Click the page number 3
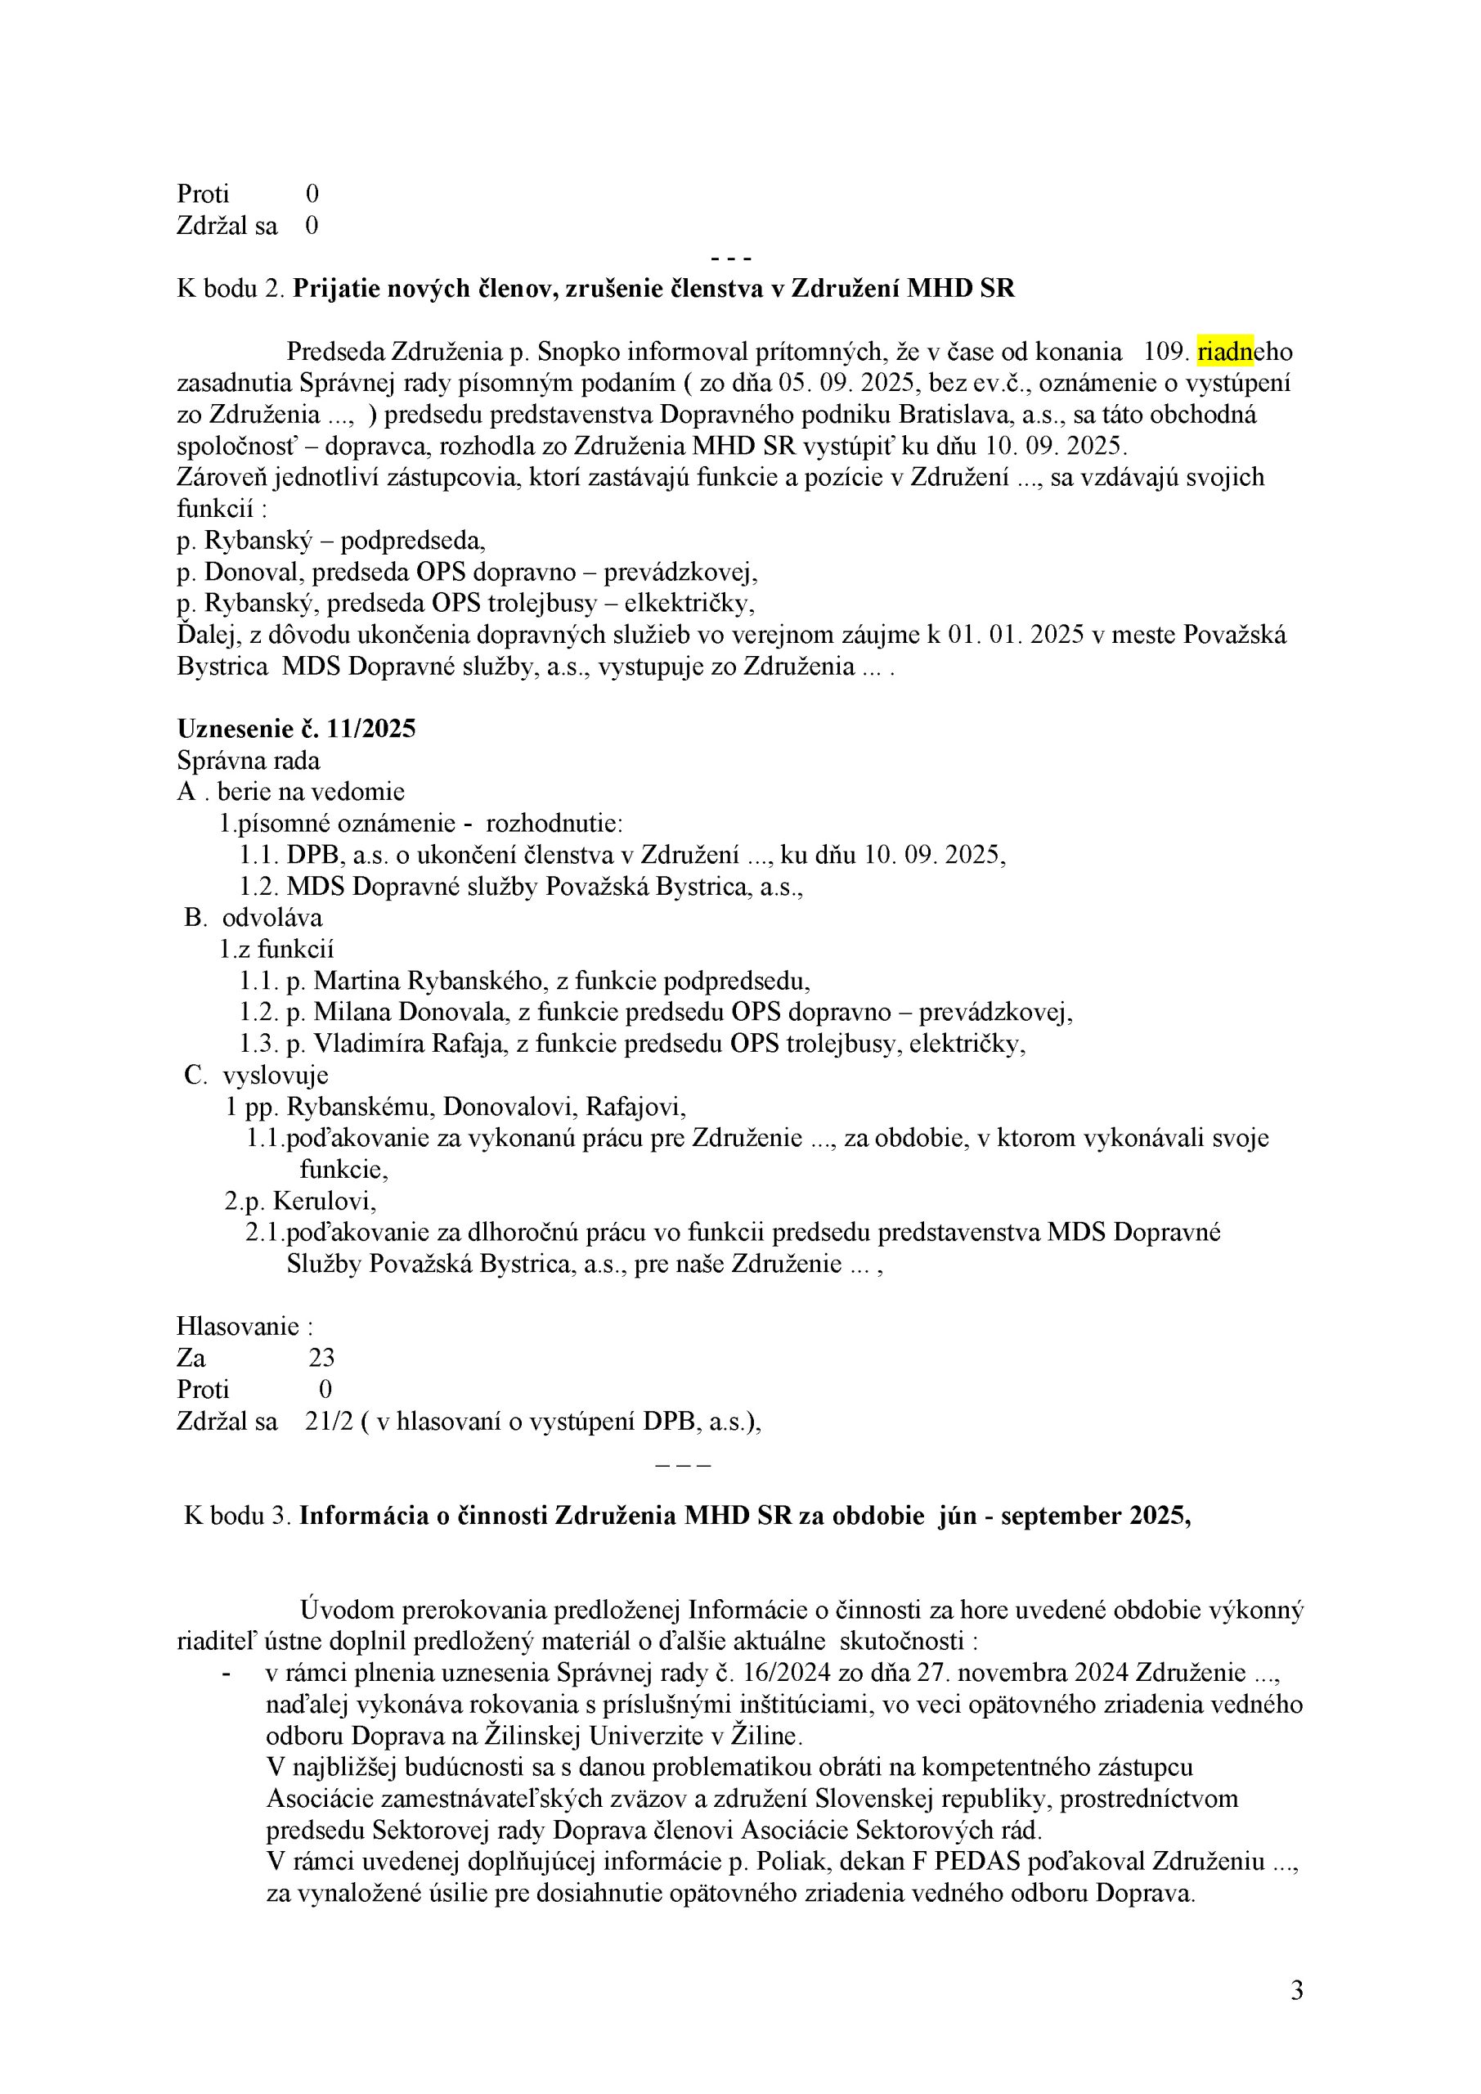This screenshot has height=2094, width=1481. point(1296,1991)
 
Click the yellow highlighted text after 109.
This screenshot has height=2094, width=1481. point(1226,351)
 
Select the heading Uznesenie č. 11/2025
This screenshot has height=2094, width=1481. point(296,729)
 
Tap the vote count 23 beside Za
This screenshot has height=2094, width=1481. point(321,1358)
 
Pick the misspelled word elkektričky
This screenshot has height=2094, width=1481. point(689,604)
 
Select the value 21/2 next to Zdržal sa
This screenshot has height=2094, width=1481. point(330,1422)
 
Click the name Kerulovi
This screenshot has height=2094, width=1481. point(324,1201)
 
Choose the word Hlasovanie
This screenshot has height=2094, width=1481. point(238,1326)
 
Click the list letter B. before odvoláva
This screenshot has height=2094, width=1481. point(196,918)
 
